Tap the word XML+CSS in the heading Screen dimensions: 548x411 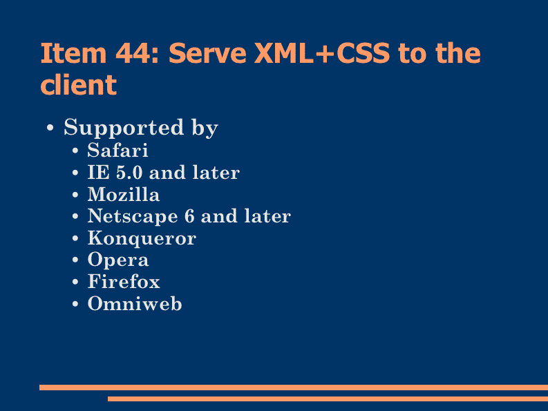pos(322,53)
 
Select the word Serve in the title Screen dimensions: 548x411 pos(207,53)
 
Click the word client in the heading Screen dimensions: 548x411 pos(78,84)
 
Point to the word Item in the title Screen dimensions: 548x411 pos(73,53)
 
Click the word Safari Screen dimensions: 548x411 pos(117,151)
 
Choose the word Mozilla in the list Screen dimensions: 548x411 pos(124,194)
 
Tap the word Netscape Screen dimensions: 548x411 pos(133,216)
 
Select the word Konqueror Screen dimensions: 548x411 pos(142,238)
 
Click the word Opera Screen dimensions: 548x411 pos(118,260)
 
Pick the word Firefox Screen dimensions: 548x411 pos(124,282)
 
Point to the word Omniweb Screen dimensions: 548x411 pos(135,303)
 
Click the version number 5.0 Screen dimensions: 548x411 pos(129,173)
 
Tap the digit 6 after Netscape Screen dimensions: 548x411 pos(189,216)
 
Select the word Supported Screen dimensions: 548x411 pos(124,128)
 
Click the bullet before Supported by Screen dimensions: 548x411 pos(50,128)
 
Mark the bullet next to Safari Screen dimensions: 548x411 pos(75,151)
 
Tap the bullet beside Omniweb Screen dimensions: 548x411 pos(75,304)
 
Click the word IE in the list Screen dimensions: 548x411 pos(98,173)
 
